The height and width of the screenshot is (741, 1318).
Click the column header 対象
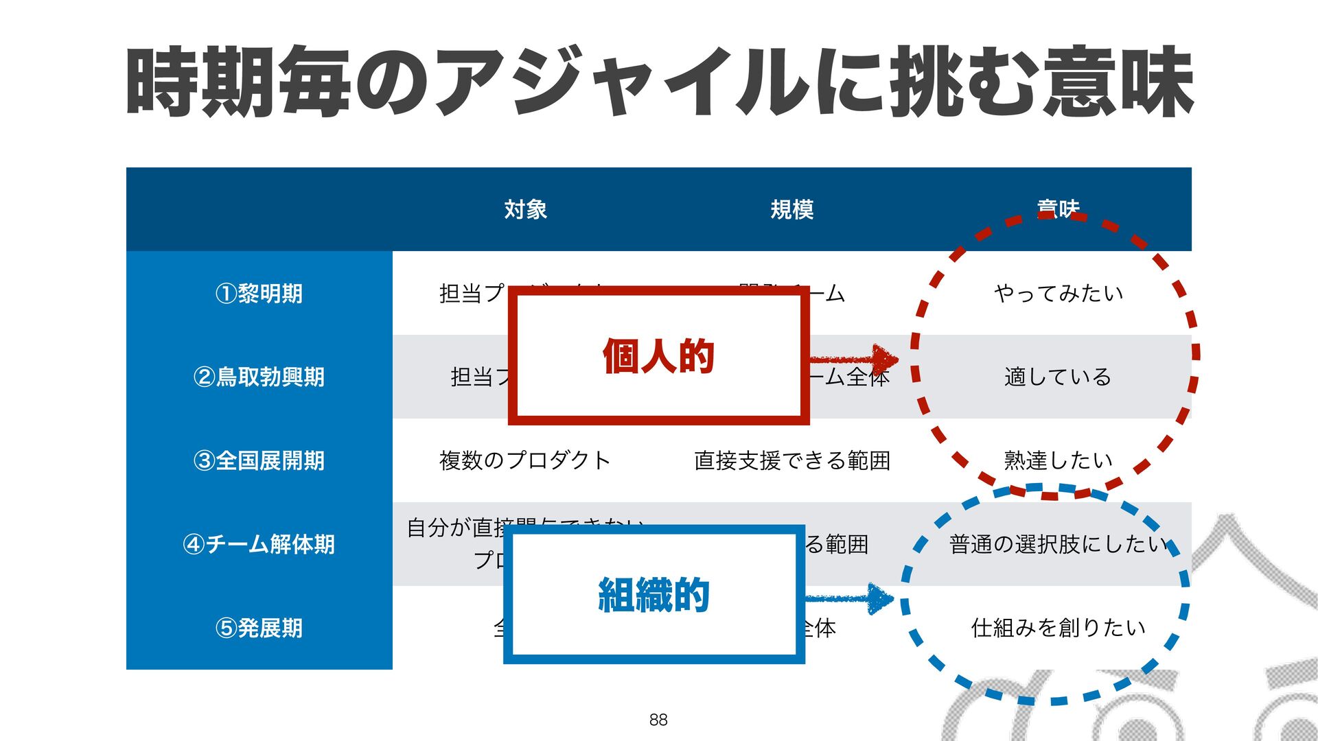tap(525, 209)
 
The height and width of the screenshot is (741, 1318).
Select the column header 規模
tap(791, 209)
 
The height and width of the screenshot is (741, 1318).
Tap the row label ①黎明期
tap(259, 294)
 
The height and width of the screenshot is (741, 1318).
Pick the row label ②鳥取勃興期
tap(259, 377)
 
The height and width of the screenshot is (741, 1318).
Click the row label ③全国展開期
tap(259, 460)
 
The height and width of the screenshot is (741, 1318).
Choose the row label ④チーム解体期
tap(259, 544)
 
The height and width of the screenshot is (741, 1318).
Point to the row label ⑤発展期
tap(259, 628)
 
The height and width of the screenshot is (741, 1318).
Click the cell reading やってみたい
tap(1058, 294)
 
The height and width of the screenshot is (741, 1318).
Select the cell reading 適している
tap(1058, 377)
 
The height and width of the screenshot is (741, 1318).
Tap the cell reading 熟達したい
tap(1058, 460)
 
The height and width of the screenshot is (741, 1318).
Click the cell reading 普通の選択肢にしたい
tap(1058, 544)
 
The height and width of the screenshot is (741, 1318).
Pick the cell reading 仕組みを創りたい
tap(1058, 628)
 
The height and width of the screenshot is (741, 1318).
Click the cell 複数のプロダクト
tap(525, 460)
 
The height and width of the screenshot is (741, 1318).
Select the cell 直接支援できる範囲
tap(791, 460)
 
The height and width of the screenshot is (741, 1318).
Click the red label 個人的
tap(658, 356)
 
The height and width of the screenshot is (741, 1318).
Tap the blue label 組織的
tap(654, 594)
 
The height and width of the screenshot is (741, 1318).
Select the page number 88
tap(658, 719)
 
